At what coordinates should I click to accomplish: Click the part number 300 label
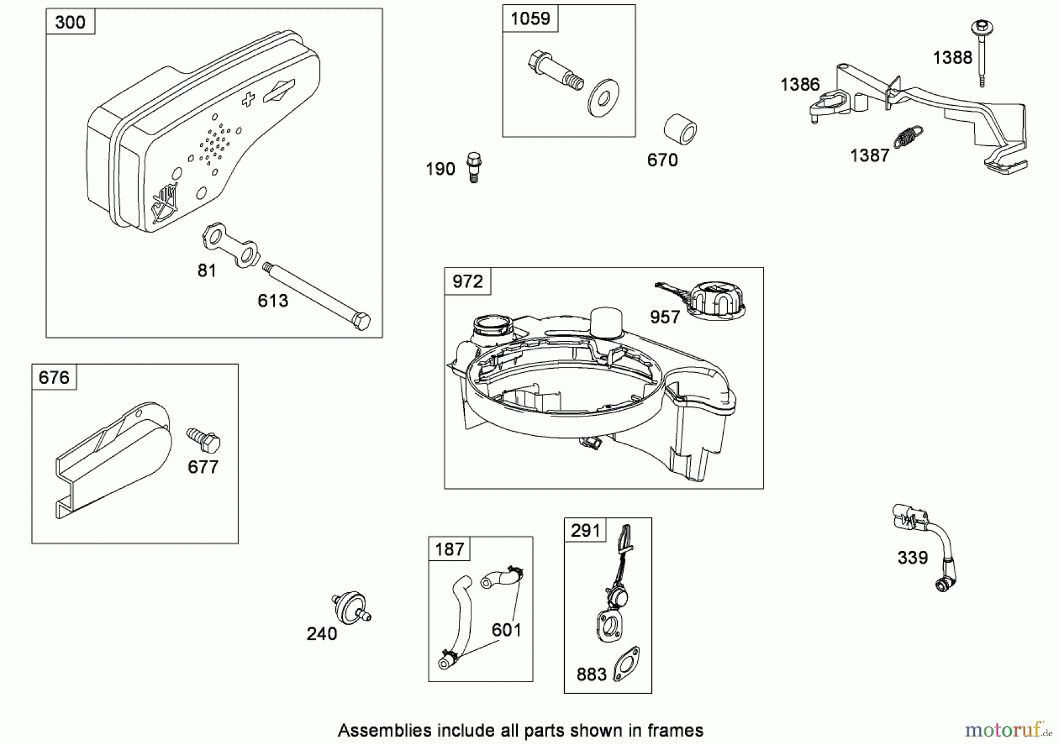coord(70,22)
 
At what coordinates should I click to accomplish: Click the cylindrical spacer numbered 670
coord(680,131)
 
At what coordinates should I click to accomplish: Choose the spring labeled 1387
coord(908,137)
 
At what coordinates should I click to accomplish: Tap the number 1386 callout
coord(800,85)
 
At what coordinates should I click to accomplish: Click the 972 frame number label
coord(467,281)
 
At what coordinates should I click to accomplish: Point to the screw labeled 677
coord(204,440)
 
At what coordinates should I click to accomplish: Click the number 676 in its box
coord(54,377)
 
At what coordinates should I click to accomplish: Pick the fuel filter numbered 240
coord(350,608)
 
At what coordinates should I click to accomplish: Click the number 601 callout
coord(507,630)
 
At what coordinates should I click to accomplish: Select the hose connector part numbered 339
coord(926,546)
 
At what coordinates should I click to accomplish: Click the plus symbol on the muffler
coord(248,99)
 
